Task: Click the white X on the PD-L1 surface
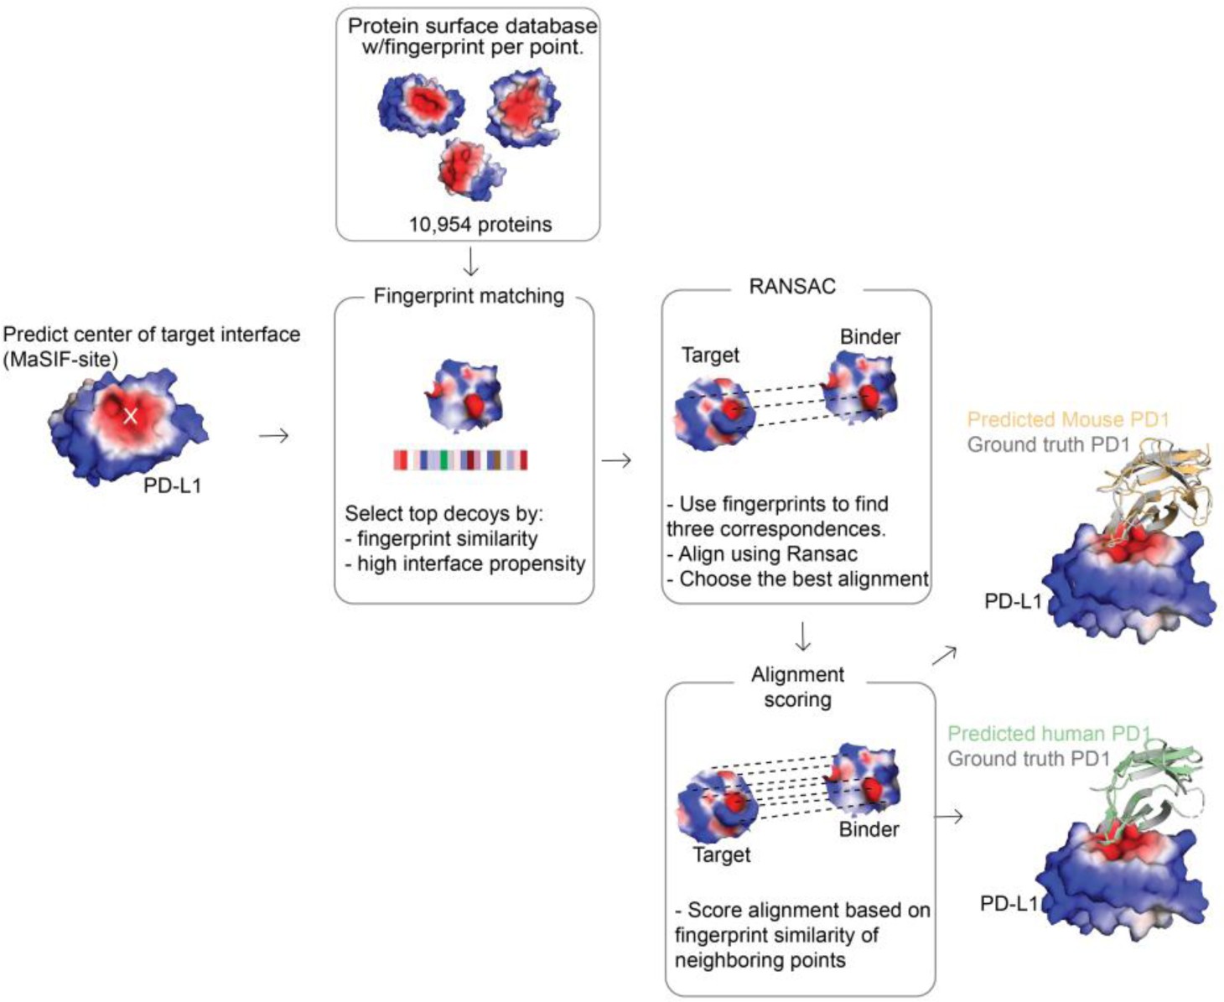point(130,415)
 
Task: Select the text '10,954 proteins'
point(480,225)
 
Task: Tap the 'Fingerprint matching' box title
point(469,296)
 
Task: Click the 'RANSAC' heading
point(792,287)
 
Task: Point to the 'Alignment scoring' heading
point(797,687)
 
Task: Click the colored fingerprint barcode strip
point(461,459)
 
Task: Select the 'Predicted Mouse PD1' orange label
point(1067,419)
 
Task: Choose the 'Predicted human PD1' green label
point(1048,734)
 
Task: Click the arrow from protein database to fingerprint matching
point(471,264)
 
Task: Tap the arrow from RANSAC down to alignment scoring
point(802,636)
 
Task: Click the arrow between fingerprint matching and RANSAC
point(616,460)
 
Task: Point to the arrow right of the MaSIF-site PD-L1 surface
point(273,436)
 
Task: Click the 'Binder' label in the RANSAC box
point(869,337)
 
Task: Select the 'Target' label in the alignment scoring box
point(721,855)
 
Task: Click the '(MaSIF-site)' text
point(60,360)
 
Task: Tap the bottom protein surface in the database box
point(468,169)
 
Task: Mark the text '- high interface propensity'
point(465,564)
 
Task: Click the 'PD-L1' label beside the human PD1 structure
point(1009,903)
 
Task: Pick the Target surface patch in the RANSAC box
point(715,413)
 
